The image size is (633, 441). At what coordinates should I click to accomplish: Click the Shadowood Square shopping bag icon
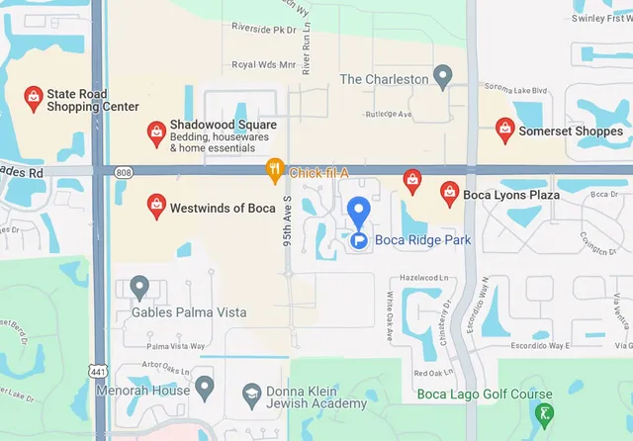[x=155, y=131]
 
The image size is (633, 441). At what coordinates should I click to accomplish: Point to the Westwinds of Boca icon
[x=155, y=206]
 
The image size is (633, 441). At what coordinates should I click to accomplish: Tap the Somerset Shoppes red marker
[x=504, y=130]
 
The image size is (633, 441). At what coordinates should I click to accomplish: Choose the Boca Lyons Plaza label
[x=511, y=195]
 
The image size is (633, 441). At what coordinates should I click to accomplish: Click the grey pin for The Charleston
[x=443, y=76]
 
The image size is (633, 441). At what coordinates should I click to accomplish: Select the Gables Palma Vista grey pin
[x=139, y=288]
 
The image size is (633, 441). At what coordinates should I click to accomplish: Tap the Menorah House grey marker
[x=205, y=387]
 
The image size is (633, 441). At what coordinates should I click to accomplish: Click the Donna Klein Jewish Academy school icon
[x=251, y=397]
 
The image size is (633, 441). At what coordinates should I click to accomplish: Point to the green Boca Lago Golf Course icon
[x=543, y=414]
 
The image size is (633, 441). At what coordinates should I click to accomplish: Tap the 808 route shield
[x=123, y=172]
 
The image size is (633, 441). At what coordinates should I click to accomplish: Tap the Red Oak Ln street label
[x=434, y=373]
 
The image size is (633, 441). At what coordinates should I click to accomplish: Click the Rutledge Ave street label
[x=389, y=114]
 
